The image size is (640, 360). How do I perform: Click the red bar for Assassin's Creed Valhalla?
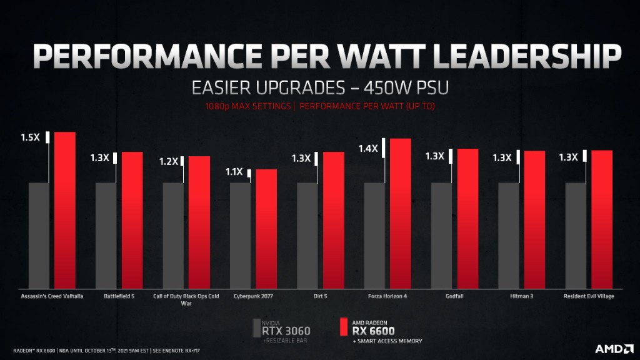click(x=65, y=209)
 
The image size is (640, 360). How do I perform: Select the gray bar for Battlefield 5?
click(x=106, y=234)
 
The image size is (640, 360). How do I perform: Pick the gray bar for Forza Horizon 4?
click(x=374, y=234)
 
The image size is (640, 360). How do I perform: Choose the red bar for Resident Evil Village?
click(x=602, y=219)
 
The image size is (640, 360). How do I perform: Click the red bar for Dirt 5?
click(x=333, y=219)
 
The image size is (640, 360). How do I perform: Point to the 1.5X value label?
click(x=30, y=137)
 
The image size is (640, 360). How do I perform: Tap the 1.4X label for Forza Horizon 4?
click(x=367, y=148)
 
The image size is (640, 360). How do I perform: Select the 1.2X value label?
click(x=167, y=161)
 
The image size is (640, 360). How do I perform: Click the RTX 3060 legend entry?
click(x=286, y=331)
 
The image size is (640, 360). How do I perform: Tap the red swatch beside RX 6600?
click(x=342, y=329)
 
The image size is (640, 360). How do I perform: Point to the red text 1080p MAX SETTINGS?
click(x=247, y=106)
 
